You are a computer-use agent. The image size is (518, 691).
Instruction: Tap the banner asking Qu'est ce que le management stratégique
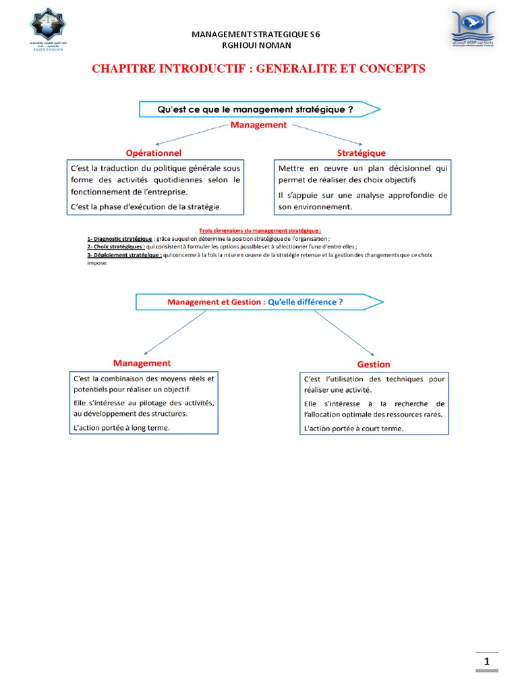256,109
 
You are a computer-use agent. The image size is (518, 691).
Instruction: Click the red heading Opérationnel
153,153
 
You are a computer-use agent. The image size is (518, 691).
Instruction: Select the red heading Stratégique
362,153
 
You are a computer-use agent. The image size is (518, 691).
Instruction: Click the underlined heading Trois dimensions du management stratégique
260,230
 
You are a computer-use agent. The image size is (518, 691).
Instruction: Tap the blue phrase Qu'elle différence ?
305,302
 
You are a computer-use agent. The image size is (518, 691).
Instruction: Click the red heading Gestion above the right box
374,364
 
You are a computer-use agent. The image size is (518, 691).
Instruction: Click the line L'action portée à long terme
122,428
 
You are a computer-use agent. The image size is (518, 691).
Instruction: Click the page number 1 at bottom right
486,662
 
